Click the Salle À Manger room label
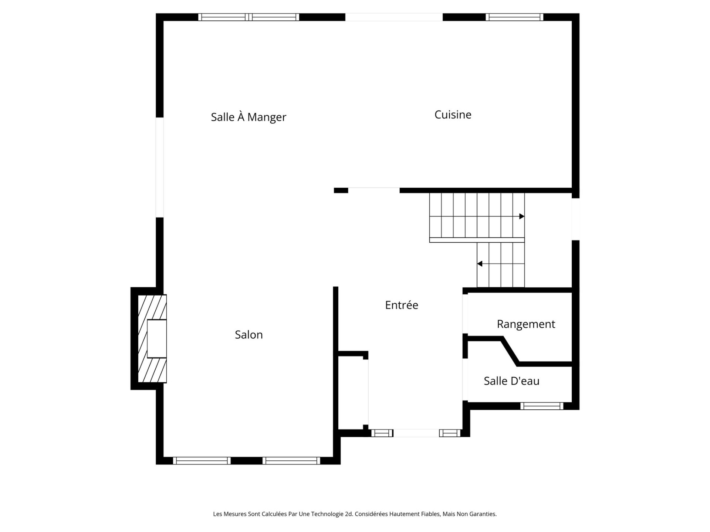tap(248, 117)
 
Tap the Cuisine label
tap(453, 115)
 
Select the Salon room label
tap(249, 335)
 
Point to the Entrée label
tap(402, 305)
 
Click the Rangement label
tap(526, 324)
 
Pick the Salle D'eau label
tap(511, 381)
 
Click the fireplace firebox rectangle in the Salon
tap(157, 339)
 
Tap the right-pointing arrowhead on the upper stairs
tap(522, 216)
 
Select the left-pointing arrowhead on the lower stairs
tap(480, 264)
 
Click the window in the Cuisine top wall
tap(514, 17)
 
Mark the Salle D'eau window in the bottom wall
tap(542, 406)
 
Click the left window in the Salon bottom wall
tap(202, 461)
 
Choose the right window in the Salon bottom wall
tap(291, 461)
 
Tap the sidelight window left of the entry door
tap(382, 433)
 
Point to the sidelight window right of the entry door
tap(450, 433)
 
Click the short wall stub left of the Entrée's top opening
tap(341, 190)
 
